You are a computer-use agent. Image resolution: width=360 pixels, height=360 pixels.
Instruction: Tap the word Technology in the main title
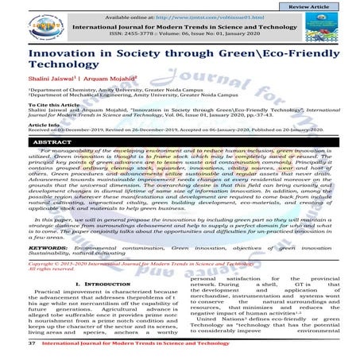(x=64, y=75)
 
